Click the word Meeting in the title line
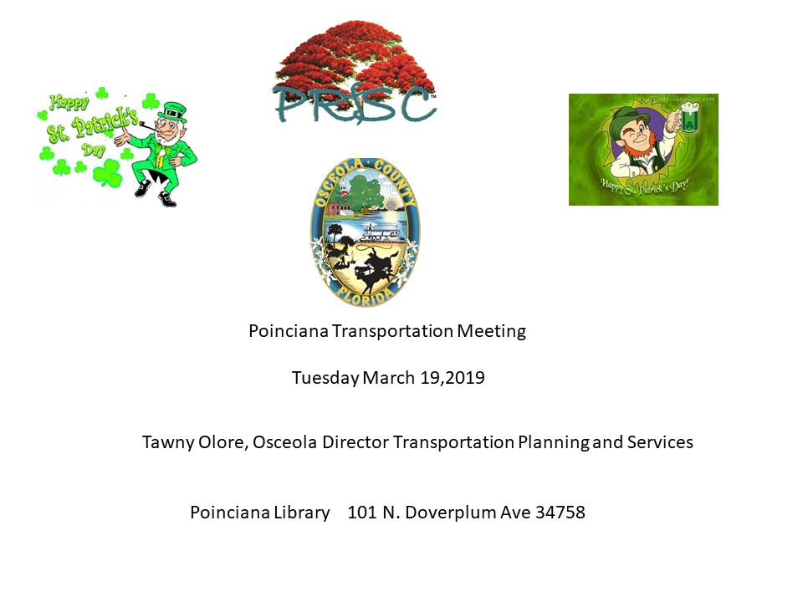point(491,331)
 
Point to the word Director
point(355,441)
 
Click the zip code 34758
point(560,512)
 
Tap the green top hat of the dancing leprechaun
point(172,112)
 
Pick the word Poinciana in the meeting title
point(289,331)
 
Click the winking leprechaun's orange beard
point(638,150)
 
